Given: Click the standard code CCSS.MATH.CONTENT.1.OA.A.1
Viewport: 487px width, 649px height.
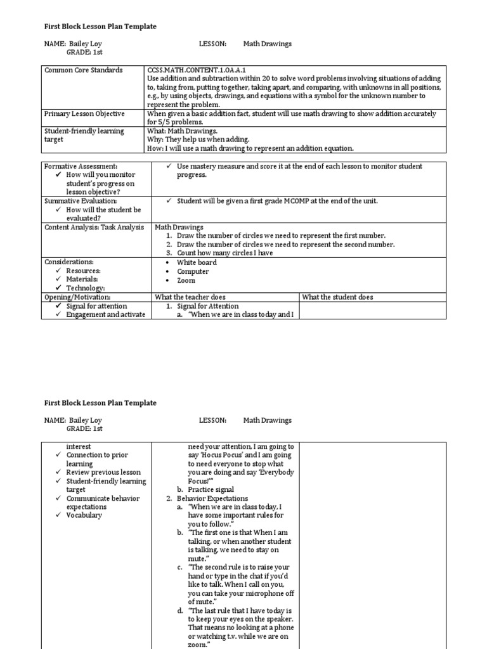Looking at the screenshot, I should coord(190,70).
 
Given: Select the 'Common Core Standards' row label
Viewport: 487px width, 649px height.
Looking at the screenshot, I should coord(83,70).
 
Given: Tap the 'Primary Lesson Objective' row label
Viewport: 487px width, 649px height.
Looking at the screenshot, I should coord(84,114).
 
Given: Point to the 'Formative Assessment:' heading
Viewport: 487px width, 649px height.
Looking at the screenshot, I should coord(81,166).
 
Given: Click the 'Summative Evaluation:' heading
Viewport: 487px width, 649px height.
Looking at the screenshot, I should coord(81,201).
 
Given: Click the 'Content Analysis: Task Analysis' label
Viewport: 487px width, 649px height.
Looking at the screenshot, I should coord(94,227).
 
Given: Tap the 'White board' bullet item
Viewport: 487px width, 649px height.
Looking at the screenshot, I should coord(197,262).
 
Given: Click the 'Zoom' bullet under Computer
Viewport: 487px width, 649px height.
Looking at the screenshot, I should coord(186,280).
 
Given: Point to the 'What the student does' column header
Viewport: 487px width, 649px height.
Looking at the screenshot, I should coord(337,297).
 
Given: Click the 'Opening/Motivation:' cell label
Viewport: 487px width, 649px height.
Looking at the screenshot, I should coord(77,297).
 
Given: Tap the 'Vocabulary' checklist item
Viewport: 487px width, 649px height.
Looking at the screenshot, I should coord(84,515).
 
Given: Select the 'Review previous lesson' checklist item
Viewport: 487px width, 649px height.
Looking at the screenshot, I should coord(103,472).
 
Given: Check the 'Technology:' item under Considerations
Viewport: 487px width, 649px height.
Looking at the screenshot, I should coord(85,288).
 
